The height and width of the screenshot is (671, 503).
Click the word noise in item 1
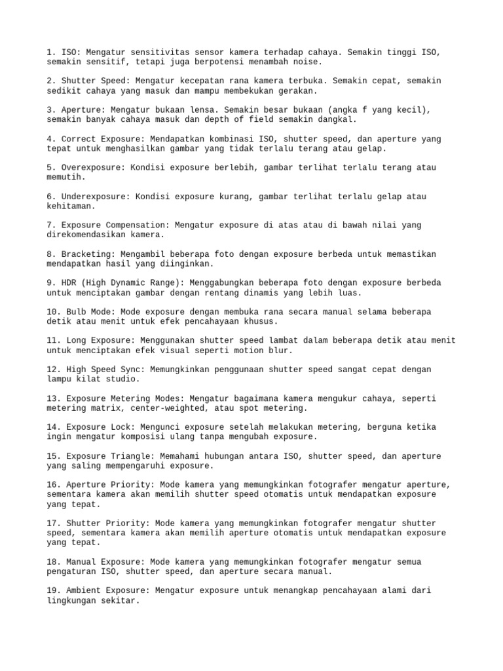pyautogui.click(x=305, y=62)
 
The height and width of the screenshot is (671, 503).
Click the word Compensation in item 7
pyautogui.click(x=136, y=225)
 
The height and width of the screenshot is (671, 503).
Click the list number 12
pyautogui.click(x=52, y=369)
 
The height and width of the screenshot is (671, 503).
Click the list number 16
pyautogui.click(x=52, y=484)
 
